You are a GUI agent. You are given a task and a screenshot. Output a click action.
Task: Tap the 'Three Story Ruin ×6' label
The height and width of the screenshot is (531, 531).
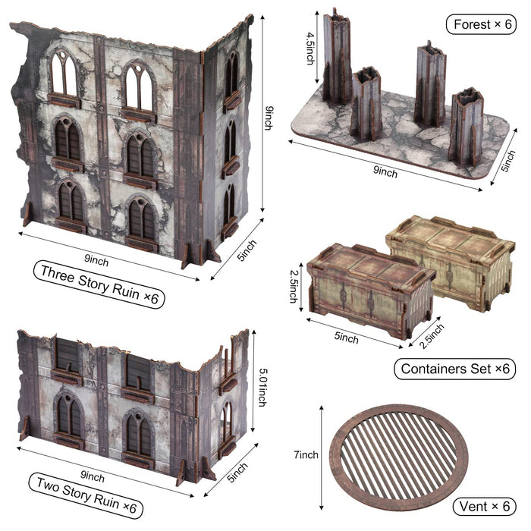coord(99,284)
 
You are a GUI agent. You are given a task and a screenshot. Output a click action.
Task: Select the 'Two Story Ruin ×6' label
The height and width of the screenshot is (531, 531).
coord(86,495)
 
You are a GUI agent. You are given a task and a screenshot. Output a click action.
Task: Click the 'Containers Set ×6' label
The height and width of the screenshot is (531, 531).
coord(455,369)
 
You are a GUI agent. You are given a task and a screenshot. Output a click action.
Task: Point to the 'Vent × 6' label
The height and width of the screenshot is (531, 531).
coord(484,507)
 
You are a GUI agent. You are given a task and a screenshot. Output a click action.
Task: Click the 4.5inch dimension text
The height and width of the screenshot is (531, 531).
coord(310,48)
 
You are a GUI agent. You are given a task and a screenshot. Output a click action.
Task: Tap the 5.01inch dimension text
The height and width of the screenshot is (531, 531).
coord(262,387)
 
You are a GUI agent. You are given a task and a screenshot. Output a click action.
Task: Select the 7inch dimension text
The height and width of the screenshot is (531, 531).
coord(306,455)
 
